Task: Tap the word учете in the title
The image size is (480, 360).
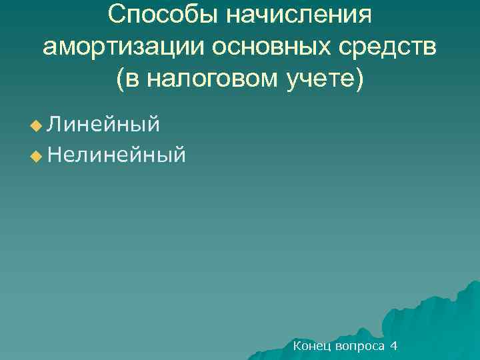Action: pos(321,79)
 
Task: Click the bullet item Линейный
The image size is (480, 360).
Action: pos(104,124)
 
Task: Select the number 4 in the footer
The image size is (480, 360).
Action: pos(394,346)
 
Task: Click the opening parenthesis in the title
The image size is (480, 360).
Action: pos(120,79)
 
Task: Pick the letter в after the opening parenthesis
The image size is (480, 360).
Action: pos(131,79)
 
